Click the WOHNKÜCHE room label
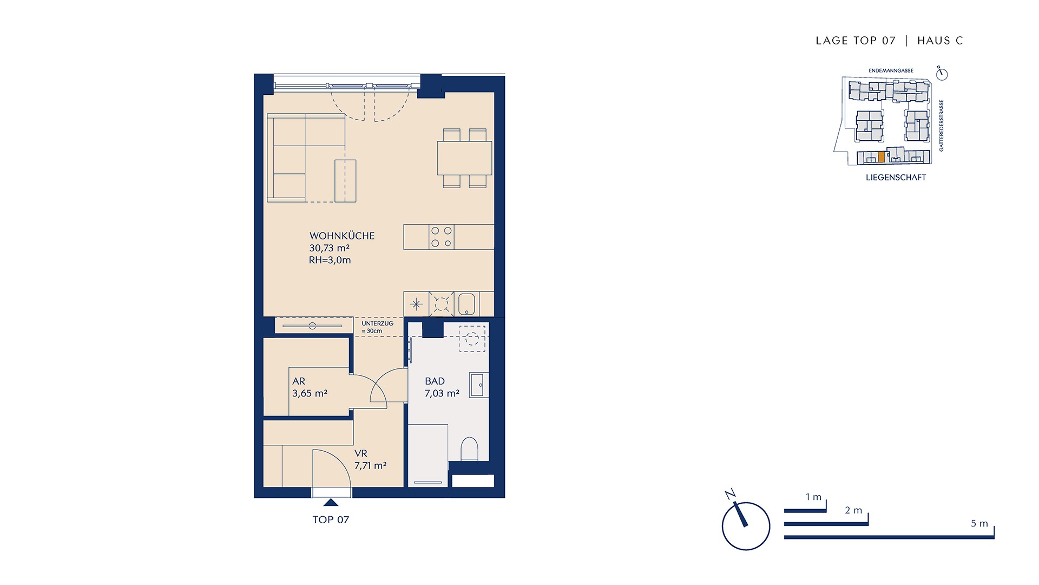[342, 236]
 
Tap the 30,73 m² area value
[329, 248]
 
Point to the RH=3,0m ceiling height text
[330, 260]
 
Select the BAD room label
[435, 381]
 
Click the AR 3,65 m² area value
[310, 393]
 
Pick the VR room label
[361, 453]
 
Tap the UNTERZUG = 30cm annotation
[377, 327]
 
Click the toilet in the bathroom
[469, 448]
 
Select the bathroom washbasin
[478, 385]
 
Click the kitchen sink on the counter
[466, 304]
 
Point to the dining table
[464, 158]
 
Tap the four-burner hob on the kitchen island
[442, 237]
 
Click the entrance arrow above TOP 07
[331, 503]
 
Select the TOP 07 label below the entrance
[331, 519]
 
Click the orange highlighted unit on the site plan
[882, 157]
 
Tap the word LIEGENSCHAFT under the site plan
[896, 177]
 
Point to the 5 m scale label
[979, 523]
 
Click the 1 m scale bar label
[813, 497]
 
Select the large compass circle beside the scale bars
[746, 526]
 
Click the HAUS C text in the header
[941, 41]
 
